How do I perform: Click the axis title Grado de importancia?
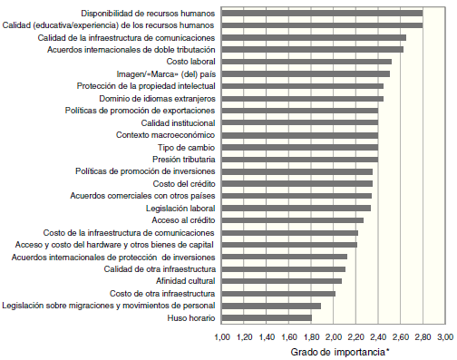[x=332, y=351]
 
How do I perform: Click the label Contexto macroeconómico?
[x=165, y=134]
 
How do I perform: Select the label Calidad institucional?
[x=179, y=122]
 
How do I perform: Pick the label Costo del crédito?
[x=183, y=183]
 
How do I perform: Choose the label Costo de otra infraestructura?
[x=161, y=294]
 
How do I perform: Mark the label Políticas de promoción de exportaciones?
[x=141, y=110]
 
